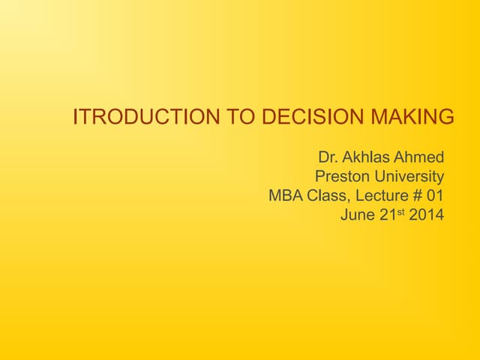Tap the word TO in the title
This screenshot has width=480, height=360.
[238, 118]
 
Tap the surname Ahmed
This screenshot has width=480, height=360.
[419, 157]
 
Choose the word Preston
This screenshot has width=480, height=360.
[340, 177]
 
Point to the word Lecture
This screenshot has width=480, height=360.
[378, 196]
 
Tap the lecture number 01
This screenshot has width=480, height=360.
[434, 196]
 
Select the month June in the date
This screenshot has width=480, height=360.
[357, 216]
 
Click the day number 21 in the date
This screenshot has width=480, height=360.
[386, 216]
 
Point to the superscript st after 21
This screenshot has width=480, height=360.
[400, 213]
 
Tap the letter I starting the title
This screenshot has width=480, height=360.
[76, 118]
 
